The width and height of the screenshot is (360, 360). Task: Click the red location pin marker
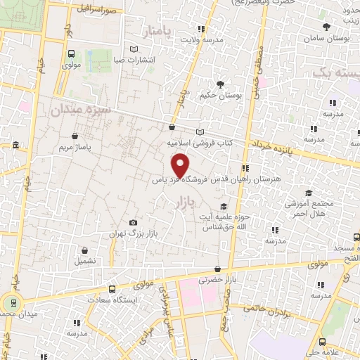pos(181,165)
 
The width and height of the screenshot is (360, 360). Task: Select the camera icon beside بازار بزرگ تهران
pos(134,223)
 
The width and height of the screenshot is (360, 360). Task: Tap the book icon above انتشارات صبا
pos(134,49)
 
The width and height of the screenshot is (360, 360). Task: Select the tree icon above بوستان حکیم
pos(220,84)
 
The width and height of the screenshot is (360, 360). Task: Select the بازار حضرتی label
pos(216,279)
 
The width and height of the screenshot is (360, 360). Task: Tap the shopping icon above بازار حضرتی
pos(217,269)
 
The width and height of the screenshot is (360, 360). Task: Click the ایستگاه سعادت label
pos(118,300)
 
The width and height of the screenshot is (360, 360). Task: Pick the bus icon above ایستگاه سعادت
pos(112,288)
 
